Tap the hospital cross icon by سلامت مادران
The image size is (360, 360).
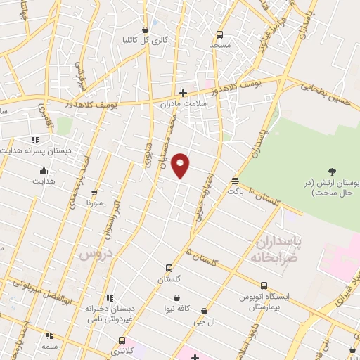click(x=182, y=92)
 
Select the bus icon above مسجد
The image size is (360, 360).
click(x=219, y=34)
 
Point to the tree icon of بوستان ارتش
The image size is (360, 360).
click(x=332, y=171)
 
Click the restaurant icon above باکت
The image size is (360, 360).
click(x=234, y=181)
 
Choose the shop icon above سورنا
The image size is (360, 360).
click(x=94, y=192)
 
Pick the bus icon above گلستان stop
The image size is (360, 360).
click(x=168, y=268)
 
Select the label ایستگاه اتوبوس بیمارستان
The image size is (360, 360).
click(x=263, y=302)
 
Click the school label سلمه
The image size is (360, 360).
click(x=49, y=347)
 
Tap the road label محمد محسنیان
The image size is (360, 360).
click(x=173, y=134)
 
